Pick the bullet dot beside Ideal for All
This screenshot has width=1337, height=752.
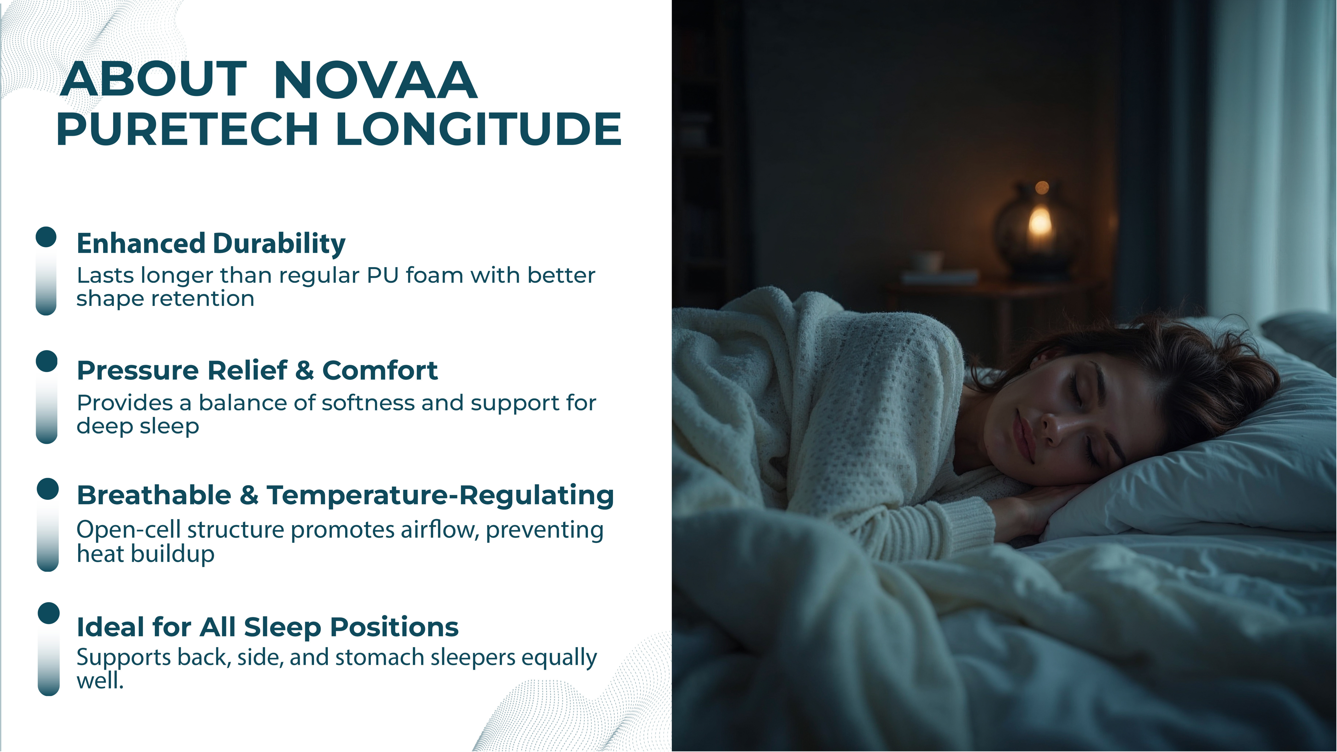pyautogui.click(x=49, y=613)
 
